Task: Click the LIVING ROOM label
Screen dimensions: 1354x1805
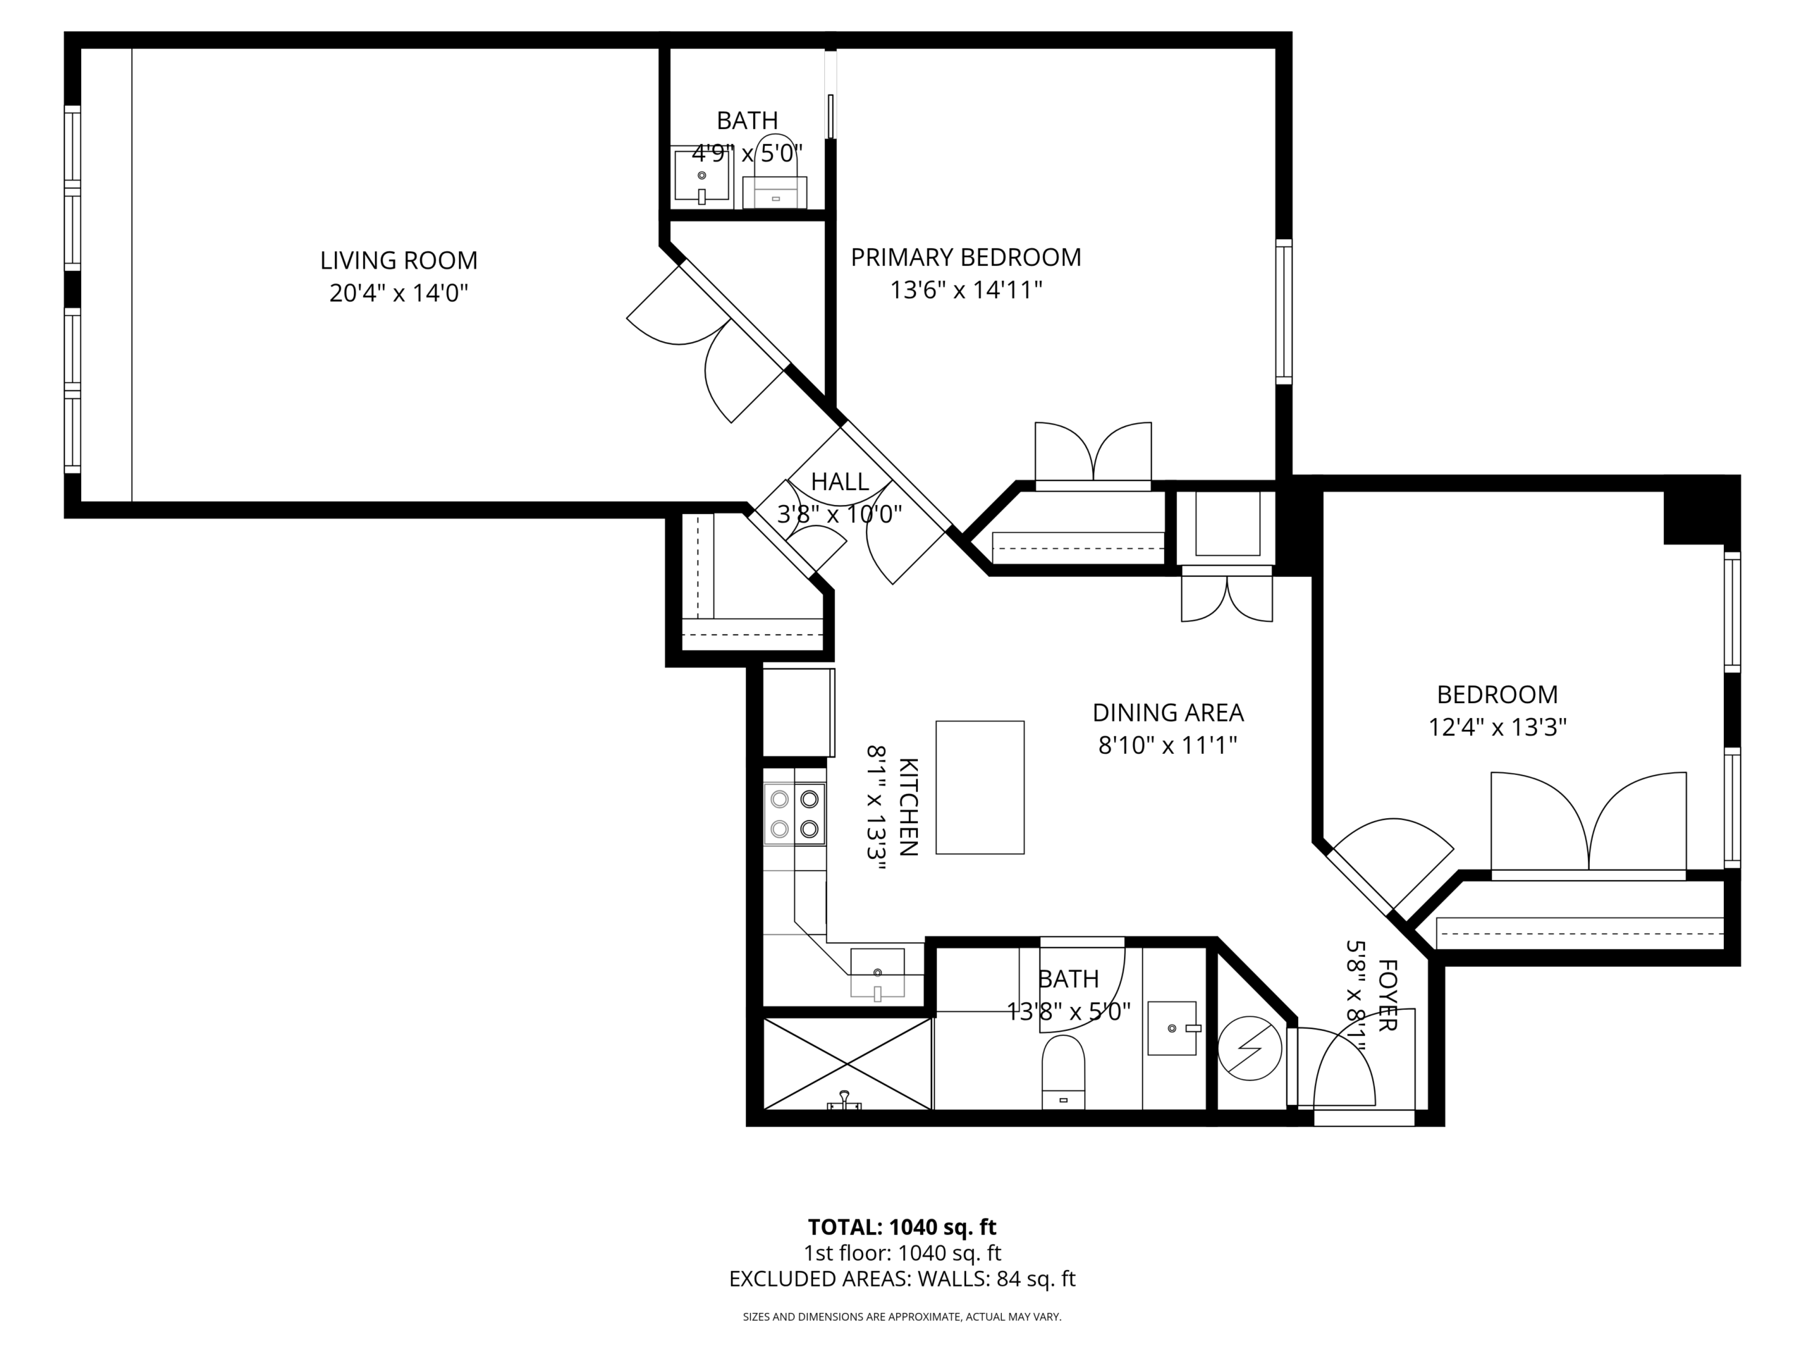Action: [x=398, y=260]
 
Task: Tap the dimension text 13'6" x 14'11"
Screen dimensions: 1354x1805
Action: [x=966, y=290]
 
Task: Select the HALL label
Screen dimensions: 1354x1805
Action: [x=840, y=482]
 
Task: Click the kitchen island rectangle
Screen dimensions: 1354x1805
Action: [x=979, y=787]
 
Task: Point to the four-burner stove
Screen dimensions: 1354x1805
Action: [x=794, y=814]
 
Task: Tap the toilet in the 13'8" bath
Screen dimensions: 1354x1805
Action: [x=1063, y=1073]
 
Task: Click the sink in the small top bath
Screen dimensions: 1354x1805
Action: [x=701, y=176]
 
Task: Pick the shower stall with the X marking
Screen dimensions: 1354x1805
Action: [x=847, y=1063]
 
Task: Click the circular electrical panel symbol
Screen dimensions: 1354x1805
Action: [x=1249, y=1048]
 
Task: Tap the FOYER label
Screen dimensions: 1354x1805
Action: [x=1387, y=995]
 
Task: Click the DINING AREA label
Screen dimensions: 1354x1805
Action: [x=1168, y=712]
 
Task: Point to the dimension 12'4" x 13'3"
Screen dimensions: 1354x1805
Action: [x=1498, y=727]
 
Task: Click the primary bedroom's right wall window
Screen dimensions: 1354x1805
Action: [x=1283, y=312]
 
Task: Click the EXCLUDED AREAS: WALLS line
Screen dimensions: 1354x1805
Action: [x=902, y=1279]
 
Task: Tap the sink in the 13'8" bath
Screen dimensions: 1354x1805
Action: [x=1173, y=1028]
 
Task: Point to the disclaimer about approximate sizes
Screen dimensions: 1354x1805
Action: [x=902, y=1317]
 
